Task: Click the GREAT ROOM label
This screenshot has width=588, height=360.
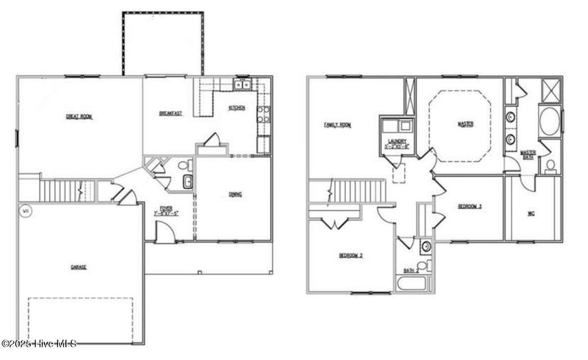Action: (79, 117)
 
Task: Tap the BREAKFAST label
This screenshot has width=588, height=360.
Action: (171, 114)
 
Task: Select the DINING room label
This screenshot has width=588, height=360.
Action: (235, 194)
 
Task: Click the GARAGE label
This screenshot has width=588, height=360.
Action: (79, 266)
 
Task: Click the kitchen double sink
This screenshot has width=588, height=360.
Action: (242, 86)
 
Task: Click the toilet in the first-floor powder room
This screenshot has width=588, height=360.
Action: (183, 165)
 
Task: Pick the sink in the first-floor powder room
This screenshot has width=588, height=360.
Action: (188, 183)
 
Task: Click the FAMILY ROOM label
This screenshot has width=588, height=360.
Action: (337, 125)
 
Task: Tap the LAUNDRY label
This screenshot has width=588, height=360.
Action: (397, 141)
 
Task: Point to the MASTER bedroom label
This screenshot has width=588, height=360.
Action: (465, 123)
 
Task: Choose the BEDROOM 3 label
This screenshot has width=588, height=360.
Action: (470, 206)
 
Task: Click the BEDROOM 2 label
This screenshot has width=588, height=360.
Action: (351, 256)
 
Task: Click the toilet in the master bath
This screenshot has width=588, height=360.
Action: (550, 167)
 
